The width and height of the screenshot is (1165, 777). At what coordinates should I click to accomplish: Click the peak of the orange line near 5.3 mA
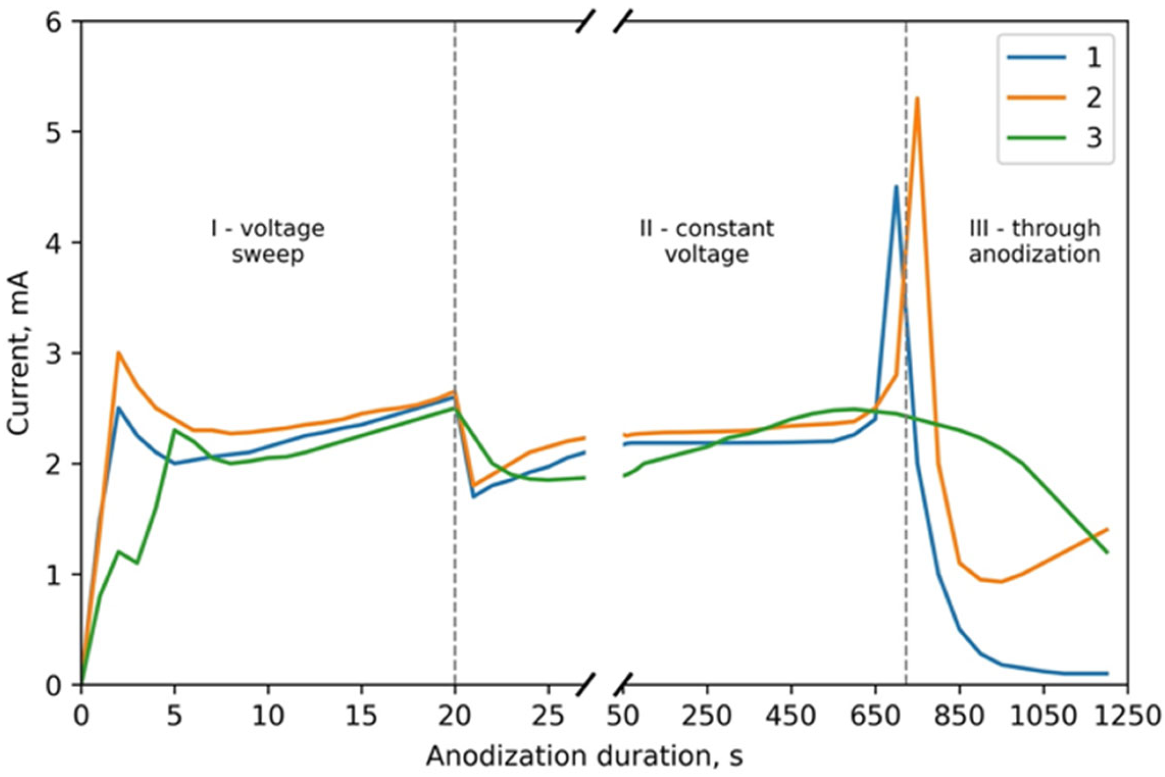click(917, 99)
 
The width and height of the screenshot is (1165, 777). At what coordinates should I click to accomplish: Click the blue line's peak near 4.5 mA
click(896, 187)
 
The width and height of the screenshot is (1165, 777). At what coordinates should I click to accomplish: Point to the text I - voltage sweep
click(267, 241)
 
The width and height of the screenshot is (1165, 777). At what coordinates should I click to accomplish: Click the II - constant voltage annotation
click(706, 241)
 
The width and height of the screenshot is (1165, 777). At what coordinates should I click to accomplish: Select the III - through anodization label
click(1034, 241)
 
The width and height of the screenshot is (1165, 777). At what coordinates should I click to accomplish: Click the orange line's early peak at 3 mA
click(118, 353)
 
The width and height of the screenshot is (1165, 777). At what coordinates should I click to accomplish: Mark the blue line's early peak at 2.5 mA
click(118, 408)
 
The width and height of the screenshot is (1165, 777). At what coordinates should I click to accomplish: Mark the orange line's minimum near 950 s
click(1001, 581)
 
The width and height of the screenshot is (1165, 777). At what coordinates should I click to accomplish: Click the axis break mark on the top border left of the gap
click(585, 22)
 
